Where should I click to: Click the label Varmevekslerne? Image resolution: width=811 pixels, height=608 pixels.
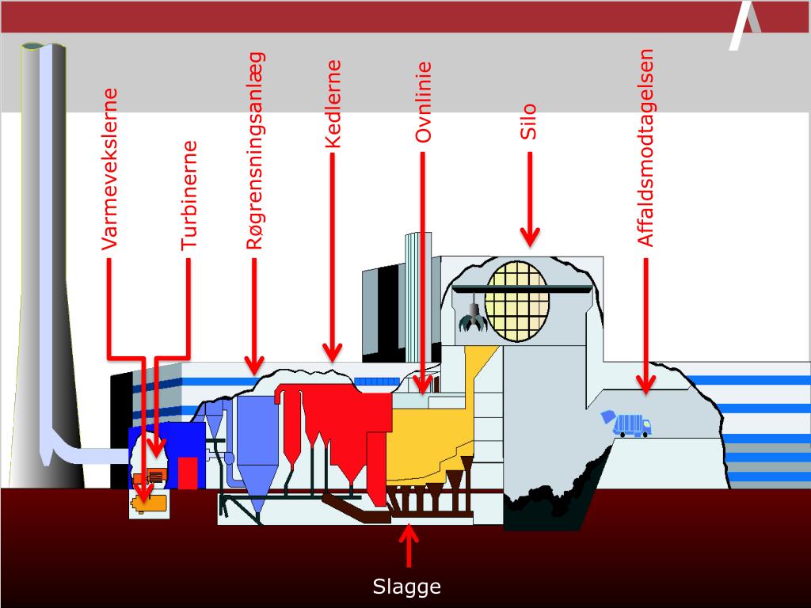tap(110, 169)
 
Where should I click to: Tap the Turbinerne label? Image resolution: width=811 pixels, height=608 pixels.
tap(189, 196)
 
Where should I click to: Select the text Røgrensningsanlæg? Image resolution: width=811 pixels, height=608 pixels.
tap(255, 151)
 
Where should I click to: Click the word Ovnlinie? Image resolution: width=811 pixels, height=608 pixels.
tap(424, 103)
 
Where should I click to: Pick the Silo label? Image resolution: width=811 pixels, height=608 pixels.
tap(529, 121)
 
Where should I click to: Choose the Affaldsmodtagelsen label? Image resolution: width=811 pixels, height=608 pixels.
tap(646, 148)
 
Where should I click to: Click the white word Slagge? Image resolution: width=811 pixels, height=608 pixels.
tap(406, 587)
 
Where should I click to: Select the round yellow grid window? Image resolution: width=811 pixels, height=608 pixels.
tap(517, 301)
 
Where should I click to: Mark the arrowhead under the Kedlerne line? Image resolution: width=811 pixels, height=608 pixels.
tap(333, 351)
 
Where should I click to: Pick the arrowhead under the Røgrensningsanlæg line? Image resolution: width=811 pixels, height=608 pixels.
tap(254, 365)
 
